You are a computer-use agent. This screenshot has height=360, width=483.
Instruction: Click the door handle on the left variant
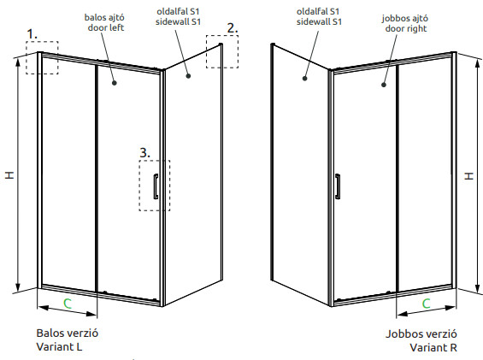(156, 186)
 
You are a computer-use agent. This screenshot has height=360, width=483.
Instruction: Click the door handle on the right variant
(338, 186)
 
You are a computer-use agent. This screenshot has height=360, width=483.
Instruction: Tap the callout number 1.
(32, 34)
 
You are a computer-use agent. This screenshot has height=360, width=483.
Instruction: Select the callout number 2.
(233, 28)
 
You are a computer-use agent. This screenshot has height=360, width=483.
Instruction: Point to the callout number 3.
(145, 153)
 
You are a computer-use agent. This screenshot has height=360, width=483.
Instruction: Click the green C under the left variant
(68, 304)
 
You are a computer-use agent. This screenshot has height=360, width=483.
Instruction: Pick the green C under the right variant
(426, 304)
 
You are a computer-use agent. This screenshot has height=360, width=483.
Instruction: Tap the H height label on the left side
(9, 175)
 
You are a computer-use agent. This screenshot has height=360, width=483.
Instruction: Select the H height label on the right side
(468, 176)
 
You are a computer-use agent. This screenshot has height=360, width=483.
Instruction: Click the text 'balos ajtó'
(104, 17)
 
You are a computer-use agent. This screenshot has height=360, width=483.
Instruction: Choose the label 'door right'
(406, 29)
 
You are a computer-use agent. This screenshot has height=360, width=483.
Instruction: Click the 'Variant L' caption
(59, 347)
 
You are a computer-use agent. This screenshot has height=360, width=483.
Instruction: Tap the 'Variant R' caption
(433, 348)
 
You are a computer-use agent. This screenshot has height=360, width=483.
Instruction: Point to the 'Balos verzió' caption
(68, 333)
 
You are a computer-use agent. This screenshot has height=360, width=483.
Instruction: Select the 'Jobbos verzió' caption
(421, 334)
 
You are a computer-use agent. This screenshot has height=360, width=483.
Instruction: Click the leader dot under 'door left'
(115, 83)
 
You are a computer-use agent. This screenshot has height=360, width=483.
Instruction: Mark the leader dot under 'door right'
(384, 85)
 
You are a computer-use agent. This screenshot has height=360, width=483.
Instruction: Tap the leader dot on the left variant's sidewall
(188, 75)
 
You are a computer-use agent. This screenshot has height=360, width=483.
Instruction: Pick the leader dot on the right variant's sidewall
(305, 79)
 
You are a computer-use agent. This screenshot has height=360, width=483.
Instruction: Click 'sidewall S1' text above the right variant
(319, 21)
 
